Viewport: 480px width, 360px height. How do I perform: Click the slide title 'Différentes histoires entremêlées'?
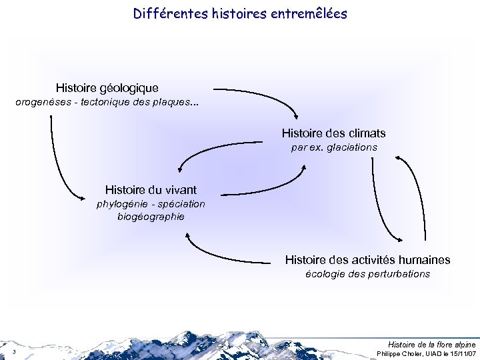240,13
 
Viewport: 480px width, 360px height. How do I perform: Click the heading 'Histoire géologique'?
107,88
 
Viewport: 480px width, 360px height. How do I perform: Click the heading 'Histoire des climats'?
333,133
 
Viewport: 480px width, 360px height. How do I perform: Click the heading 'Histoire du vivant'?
151,190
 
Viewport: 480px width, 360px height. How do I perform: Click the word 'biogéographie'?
151,217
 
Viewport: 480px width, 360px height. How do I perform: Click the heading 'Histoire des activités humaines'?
367,260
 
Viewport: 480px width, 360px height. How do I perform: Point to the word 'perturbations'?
397,274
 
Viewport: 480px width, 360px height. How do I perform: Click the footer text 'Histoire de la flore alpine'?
432,344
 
